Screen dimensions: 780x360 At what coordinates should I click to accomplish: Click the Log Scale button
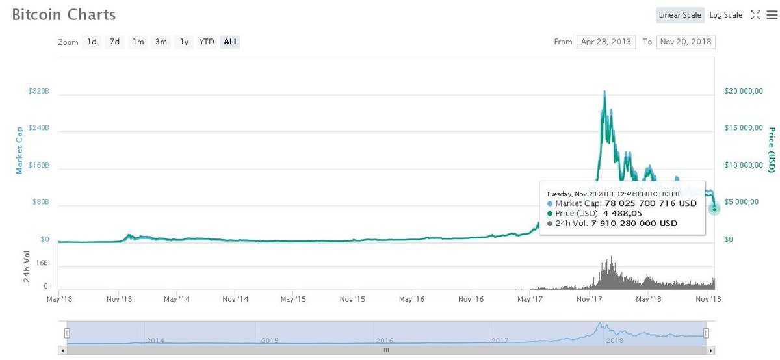725,15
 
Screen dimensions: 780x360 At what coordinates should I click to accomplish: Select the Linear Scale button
680,15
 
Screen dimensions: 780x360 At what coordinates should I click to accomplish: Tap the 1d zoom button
92,42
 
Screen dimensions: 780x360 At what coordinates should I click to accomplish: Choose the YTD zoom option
207,42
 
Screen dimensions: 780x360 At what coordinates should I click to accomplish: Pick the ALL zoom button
231,42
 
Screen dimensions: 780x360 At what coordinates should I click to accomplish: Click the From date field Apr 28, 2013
606,42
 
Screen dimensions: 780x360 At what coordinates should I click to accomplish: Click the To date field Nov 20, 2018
686,42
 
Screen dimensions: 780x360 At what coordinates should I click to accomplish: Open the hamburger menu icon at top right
772,15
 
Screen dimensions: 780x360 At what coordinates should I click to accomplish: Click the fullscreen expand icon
755,15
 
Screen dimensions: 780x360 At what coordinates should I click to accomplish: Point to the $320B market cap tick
38,91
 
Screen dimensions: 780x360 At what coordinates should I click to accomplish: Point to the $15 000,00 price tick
744,128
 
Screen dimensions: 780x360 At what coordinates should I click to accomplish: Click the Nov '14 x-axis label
235,299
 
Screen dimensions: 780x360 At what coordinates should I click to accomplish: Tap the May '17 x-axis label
530,299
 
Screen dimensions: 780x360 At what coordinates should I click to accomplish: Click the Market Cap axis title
19,150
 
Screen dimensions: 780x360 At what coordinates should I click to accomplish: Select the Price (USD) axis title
772,149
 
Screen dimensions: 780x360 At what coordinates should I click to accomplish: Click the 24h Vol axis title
27,266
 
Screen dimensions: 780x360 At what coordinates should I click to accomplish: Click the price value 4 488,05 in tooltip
623,213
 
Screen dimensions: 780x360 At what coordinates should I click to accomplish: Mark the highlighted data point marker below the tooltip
714,209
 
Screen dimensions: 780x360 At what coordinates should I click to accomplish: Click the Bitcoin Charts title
64,15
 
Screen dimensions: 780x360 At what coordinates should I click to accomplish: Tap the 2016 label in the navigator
384,340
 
